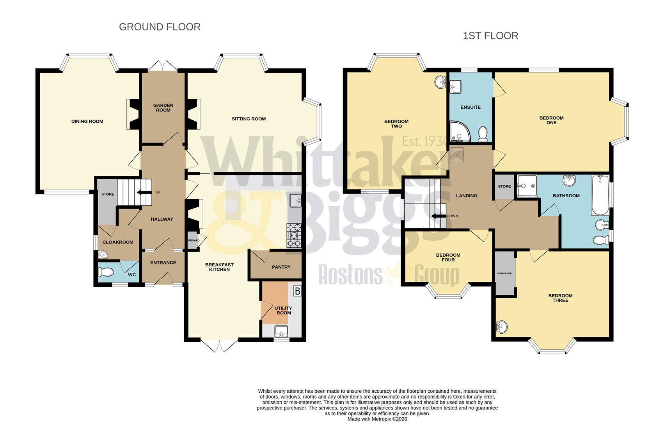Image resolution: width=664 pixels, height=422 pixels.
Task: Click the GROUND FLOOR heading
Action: point(160,27)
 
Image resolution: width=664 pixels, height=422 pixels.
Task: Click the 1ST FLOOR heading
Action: point(490,36)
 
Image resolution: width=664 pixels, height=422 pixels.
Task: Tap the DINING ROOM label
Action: point(87,122)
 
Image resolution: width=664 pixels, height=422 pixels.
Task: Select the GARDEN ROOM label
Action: point(163,108)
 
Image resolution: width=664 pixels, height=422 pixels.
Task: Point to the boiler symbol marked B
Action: point(298,291)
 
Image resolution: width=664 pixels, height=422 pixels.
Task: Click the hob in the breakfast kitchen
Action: point(294,235)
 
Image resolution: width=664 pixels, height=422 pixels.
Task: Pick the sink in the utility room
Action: point(281,331)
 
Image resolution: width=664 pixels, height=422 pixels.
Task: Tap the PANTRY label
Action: point(281,267)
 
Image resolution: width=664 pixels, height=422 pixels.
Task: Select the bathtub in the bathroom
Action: point(600,195)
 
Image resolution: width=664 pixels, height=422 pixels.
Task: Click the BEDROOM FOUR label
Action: point(448,257)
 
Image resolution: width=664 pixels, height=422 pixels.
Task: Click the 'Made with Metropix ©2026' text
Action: point(377,419)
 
